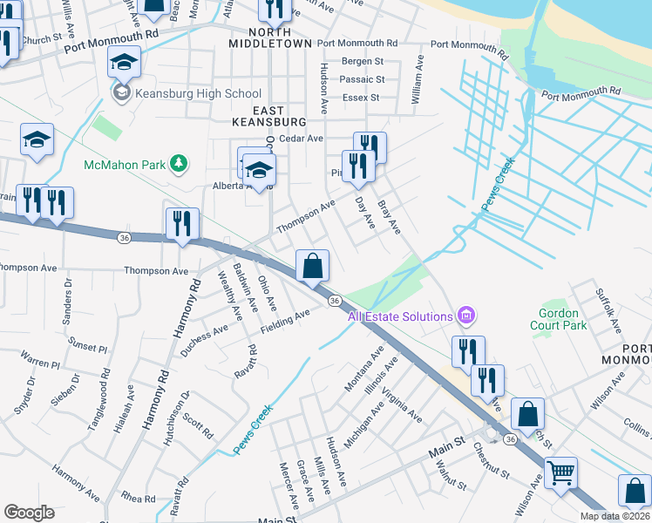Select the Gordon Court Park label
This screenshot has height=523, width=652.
[559, 319]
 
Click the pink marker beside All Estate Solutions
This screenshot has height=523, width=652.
[467, 316]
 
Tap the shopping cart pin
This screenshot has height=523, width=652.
[560, 472]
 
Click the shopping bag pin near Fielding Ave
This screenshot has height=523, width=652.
[313, 266]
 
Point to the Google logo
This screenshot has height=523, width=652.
[30, 513]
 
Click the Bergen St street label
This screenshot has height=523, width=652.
[363, 61]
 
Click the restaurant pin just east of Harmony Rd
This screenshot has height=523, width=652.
[182, 224]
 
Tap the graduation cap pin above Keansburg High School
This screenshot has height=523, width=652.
[125, 62]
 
